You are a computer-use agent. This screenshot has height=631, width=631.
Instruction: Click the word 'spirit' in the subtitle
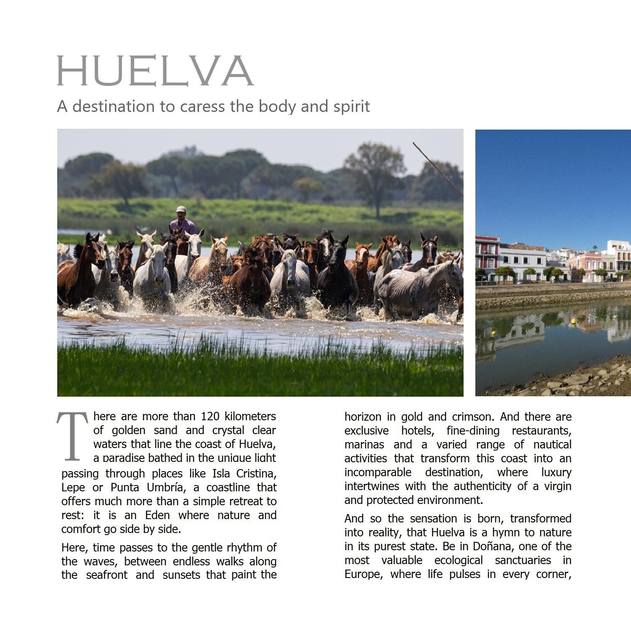[352, 106]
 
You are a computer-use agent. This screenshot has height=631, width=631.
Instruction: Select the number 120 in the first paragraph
[210, 416]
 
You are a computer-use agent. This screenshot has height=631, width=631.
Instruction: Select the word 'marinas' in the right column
[364, 445]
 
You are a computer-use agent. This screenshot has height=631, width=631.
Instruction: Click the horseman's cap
[181, 209]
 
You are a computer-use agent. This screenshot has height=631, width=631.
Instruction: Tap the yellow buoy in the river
[573, 322]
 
